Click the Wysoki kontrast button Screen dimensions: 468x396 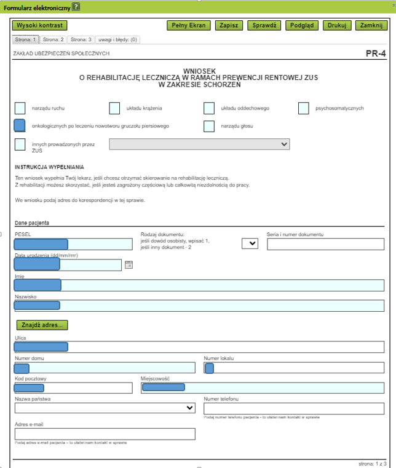pyautogui.click(x=39, y=25)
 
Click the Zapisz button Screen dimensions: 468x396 pyautogui.click(x=229, y=25)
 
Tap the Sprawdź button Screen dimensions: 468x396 pyautogui.click(x=264, y=25)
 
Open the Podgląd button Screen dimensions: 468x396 pyautogui.click(x=301, y=25)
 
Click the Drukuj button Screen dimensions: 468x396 pyautogui.click(x=336, y=25)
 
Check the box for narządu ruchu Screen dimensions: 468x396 pyautogui.click(x=20, y=108)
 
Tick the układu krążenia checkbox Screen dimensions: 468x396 pyautogui.click(x=114, y=108)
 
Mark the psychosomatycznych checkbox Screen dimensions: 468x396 pyautogui.click(x=303, y=108)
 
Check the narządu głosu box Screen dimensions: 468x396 pyautogui.click(x=209, y=126)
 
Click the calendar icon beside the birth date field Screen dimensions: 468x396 pyautogui.click(x=129, y=264)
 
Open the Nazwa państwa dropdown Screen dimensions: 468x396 pyautogui.click(x=105, y=408)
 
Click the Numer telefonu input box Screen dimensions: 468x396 pyautogui.click(x=293, y=408)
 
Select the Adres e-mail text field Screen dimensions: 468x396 pyautogui.click(x=105, y=434)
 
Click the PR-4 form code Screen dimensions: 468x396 pyautogui.click(x=375, y=54)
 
